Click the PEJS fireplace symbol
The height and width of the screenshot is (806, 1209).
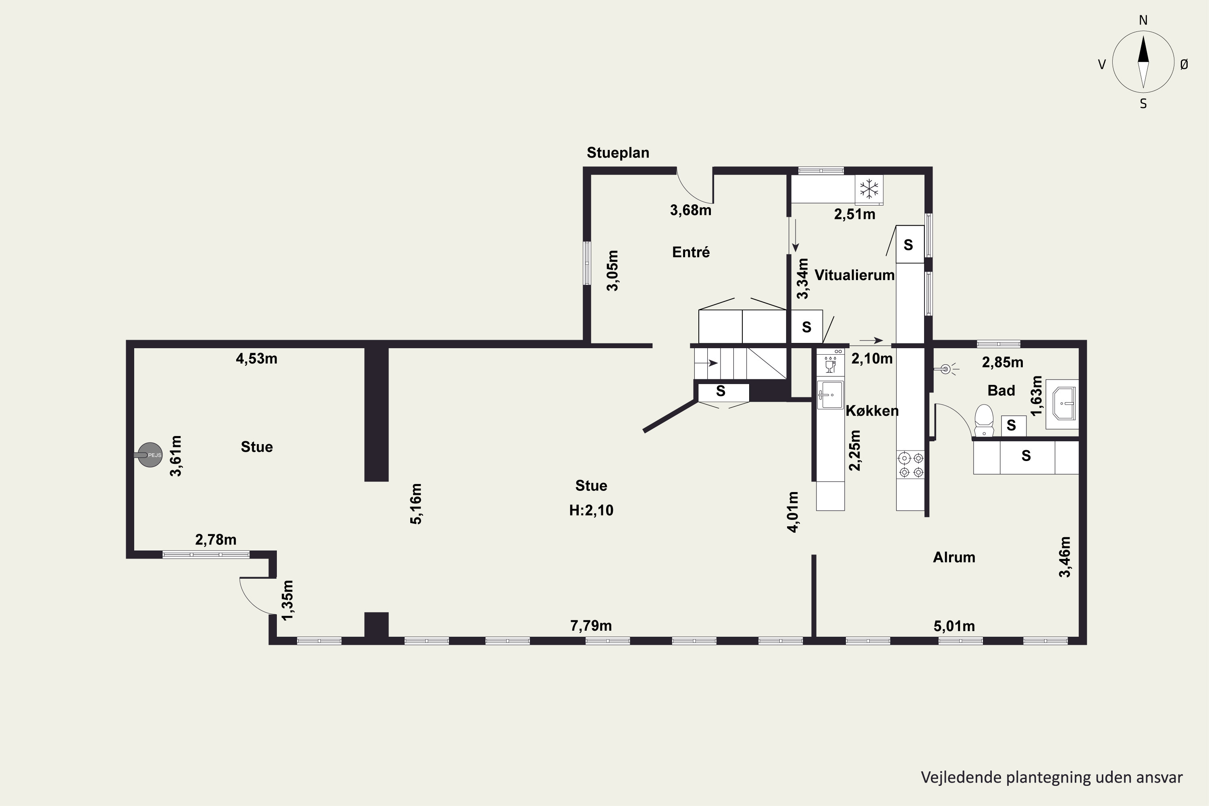[150, 455]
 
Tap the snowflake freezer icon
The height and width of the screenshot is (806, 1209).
[869, 189]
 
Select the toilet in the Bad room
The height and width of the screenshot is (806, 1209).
[984, 421]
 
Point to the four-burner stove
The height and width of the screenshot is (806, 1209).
[910, 465]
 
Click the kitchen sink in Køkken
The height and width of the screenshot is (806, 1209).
[831, 395]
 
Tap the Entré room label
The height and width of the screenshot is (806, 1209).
[691, 252]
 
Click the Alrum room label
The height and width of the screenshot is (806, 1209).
[954, 557]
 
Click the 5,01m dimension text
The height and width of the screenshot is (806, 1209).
[954, 626]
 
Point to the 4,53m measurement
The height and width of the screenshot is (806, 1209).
[256, 359]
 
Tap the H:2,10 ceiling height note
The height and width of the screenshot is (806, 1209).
[591, 511]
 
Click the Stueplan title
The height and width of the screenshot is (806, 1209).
[618, 153]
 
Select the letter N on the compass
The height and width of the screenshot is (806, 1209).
[1143, 21]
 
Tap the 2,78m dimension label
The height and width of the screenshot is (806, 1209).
[216, 540]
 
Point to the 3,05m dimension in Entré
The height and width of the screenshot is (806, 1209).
[613, 270]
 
